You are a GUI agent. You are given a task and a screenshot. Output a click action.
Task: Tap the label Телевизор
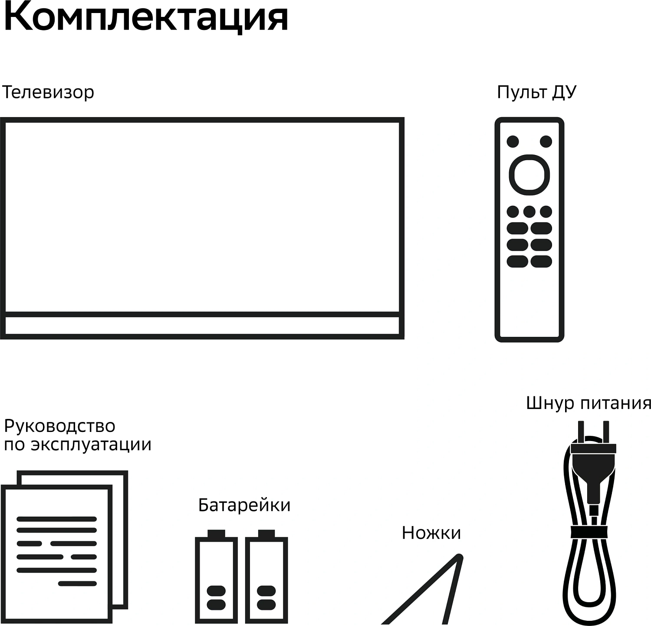tap(48, 92)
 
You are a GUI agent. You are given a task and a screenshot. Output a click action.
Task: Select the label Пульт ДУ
tap(536, 92)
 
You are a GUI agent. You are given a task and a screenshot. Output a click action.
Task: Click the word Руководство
tap(59, 426)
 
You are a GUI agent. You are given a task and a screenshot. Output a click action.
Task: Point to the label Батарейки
tap(244, 505)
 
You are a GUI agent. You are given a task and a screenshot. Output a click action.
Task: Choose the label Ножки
tap(431, 533)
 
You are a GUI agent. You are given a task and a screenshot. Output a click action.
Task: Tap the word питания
tap(616, 404)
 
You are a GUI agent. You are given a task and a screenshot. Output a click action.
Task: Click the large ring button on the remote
tap(529, 175)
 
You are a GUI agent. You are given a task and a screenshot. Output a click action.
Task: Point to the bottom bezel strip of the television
tap(202, 326)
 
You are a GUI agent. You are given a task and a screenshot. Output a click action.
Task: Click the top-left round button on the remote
tap(513, 142)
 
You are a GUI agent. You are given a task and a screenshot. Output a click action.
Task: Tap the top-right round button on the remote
tap(546, 142)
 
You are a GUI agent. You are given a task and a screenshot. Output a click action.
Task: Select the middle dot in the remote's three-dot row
tap(529, 212)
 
